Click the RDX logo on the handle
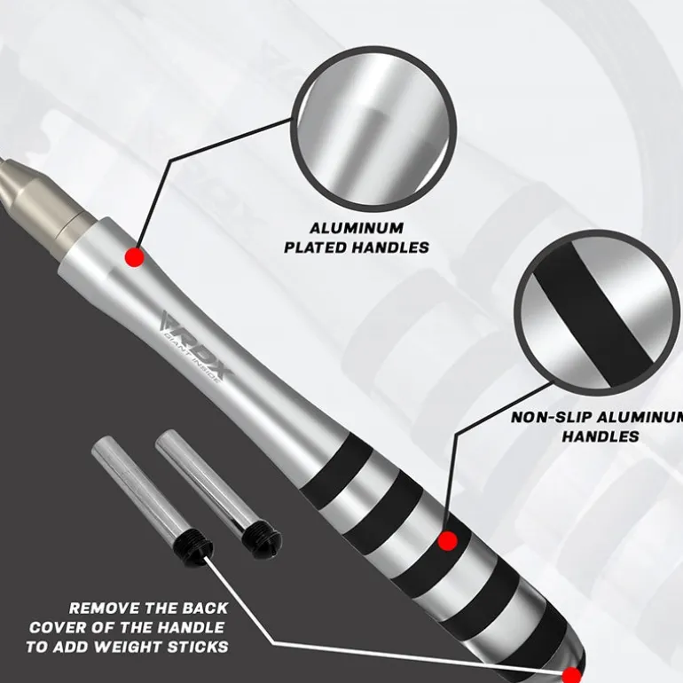[x=197, y=345]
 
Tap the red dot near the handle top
[x=135, y=257]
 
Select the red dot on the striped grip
[x=447, y=541]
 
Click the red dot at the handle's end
[x=571, y=675]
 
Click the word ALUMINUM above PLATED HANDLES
[x=357, y=228]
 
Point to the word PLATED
[x=315, y=247]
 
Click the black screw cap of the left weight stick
[x=194, y=550]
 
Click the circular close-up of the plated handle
[x=373, y=129]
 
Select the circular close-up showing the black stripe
[x=597, y=311]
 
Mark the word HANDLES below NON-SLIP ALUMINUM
[x=601, y=436]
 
